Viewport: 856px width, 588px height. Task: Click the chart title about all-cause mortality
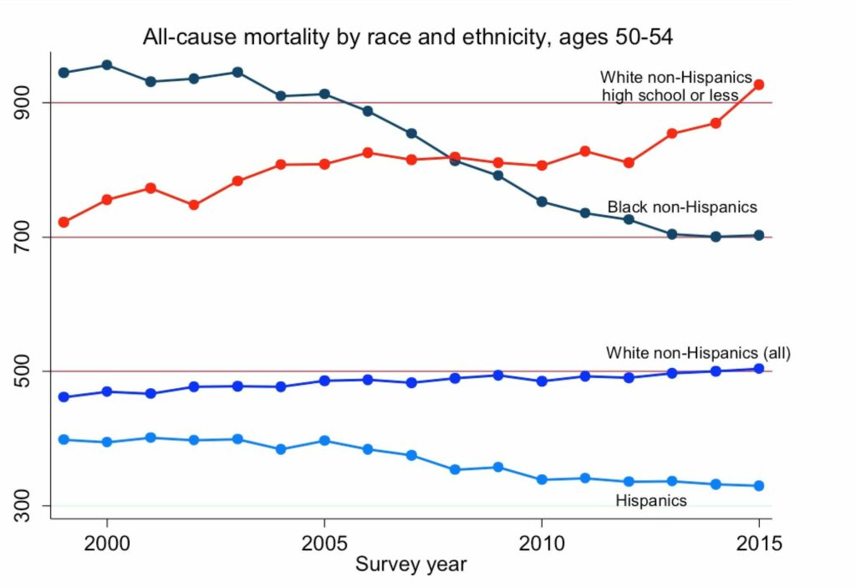tap(414, 36)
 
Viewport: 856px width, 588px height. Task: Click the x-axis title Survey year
tap(410, 565)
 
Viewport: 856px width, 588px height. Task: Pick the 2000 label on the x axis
tap(107, 543)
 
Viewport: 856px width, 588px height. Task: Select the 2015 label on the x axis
tap(758, 543)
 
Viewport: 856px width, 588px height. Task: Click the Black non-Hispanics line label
tap(682, 207)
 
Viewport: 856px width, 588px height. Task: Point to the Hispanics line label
tap(651, 501)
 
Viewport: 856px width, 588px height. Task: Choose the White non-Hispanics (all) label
tap(698, 352)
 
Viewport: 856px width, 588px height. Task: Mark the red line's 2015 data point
tap(759, 84)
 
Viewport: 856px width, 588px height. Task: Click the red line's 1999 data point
tap(64, 222)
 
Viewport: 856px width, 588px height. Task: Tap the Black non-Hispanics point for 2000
tap(107, 65)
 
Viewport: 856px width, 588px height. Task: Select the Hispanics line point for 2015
tap(759, 486)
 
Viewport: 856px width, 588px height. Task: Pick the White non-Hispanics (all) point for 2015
tap(759, 369)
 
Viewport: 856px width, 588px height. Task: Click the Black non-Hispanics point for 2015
tap(759, 236)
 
